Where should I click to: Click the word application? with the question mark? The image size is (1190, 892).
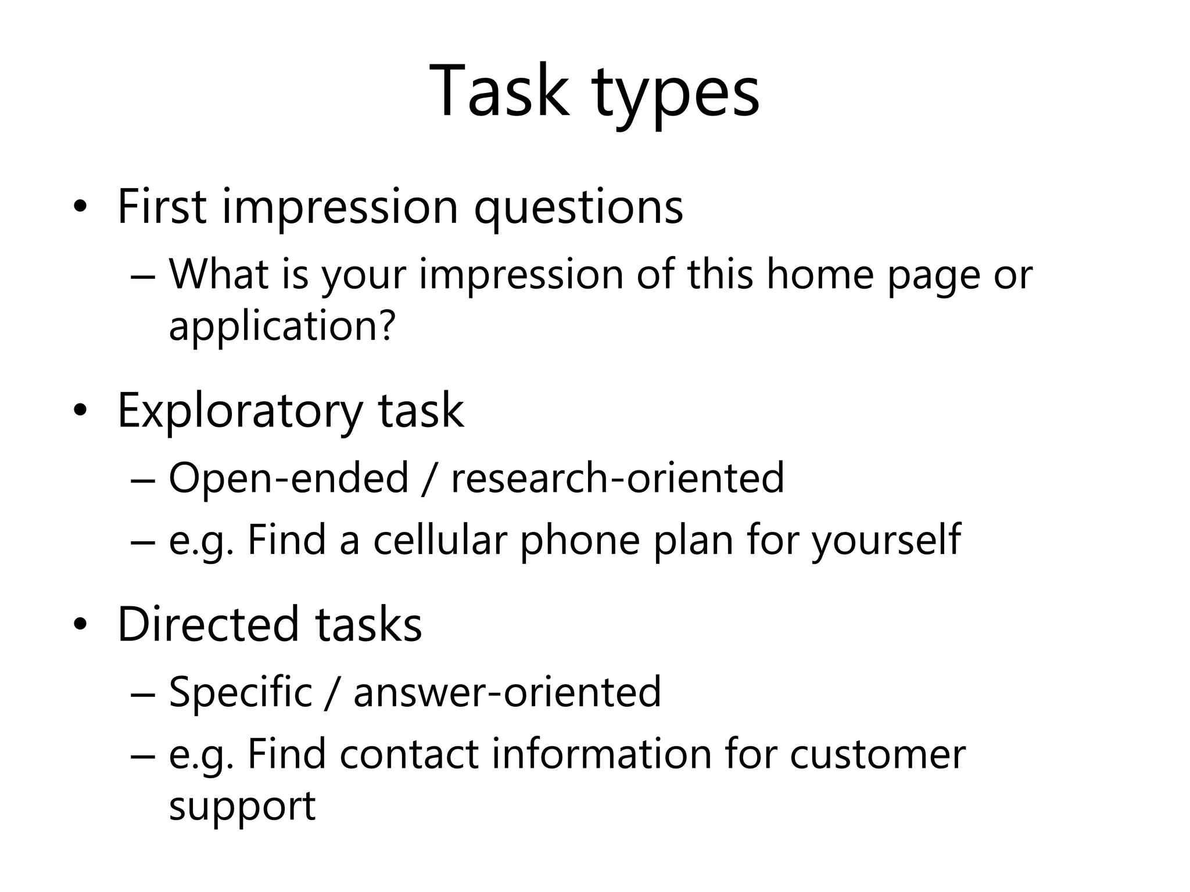coord(282,326)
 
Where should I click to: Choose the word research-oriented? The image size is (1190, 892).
coord(617,478)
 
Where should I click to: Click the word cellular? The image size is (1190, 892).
coord(440,540)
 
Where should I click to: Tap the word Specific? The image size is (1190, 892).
coord(241,692)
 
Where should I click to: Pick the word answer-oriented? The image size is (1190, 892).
coord(507,692)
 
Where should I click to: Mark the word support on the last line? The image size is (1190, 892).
coord(242,807)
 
